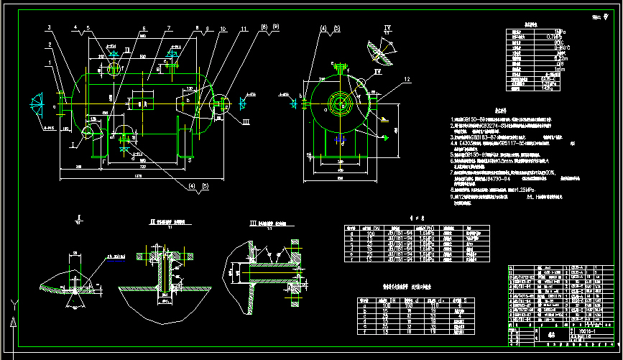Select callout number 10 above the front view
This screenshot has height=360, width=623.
(223, 29)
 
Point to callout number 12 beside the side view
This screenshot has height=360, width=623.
(406, 78)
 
